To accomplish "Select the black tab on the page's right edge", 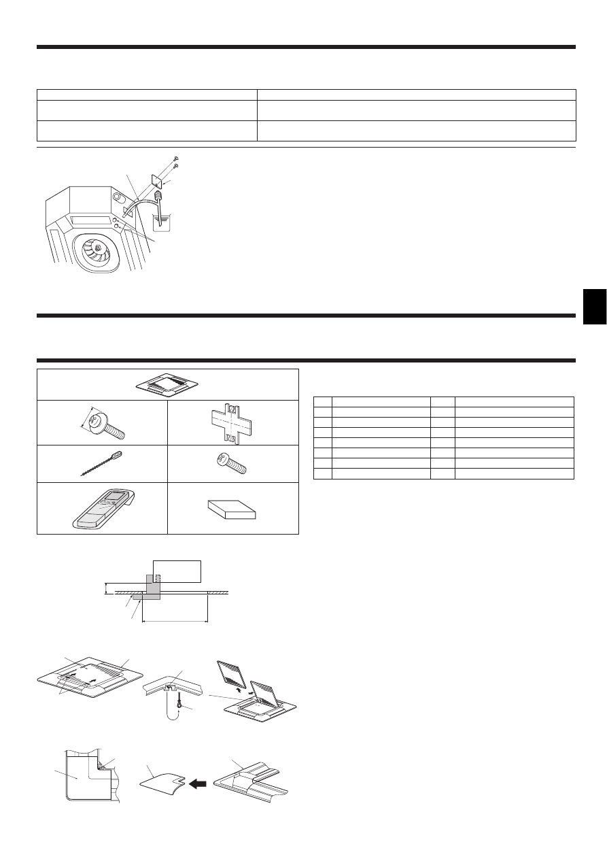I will (594, 305).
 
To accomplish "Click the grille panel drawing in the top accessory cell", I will (167, 385).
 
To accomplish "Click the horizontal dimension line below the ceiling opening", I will (174, 620).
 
